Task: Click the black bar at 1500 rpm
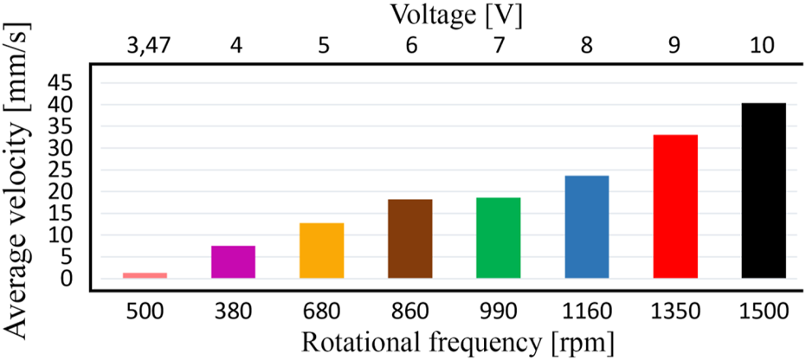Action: (x=764, y=190)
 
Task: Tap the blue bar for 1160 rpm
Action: (x=587, y=227)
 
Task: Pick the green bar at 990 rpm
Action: (x=499, y=238)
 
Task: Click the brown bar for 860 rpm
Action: (x=410, y=239)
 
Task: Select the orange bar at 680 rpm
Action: (x=322, y=250)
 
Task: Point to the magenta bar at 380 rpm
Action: (x=234, y=261)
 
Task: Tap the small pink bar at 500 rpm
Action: (x=145, y=275)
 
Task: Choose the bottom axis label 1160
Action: (x=587, y=309)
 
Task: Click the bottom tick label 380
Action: (x=234, y=309)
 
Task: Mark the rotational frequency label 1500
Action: (x=764, y=309)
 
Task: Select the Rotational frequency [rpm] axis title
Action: (x=458, y=342)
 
